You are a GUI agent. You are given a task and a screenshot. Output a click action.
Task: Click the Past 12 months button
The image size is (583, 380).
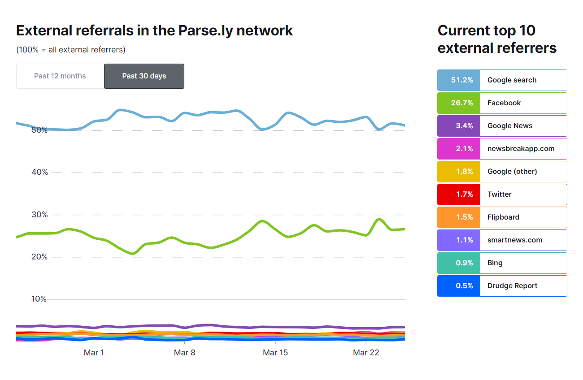(60, 76)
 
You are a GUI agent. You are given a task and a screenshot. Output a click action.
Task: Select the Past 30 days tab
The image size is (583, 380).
(144, 76)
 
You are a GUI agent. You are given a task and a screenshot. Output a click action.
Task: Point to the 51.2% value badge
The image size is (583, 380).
(459, 80)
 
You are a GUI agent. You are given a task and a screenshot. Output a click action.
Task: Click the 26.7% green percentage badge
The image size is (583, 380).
(459, 103)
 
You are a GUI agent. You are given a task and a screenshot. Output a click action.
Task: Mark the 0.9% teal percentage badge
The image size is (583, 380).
(459, 263)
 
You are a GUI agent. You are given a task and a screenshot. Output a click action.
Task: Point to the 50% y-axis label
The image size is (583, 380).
(39, 130)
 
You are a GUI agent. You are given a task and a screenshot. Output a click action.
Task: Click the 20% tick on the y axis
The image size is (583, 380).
(39, 257)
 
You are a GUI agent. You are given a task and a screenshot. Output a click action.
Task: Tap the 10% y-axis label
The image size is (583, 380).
(39, 299)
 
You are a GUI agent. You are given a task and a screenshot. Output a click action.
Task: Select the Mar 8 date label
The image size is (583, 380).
(184, 353)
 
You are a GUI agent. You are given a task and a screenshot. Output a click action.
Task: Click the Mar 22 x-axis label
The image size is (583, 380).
(366, 353)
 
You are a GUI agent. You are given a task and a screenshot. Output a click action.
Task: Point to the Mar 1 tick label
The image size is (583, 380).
(94, 353)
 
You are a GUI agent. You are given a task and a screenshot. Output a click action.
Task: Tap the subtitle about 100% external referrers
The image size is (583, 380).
(71, 50)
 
